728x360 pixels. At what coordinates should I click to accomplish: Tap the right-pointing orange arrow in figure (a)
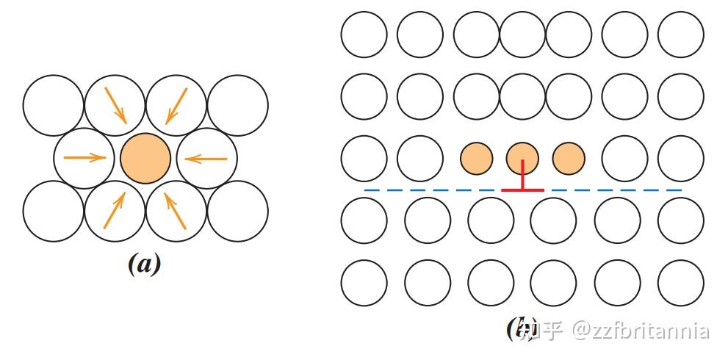[x=85, y=157]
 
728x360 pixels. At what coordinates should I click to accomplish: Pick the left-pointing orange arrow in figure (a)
[x=205, y=158]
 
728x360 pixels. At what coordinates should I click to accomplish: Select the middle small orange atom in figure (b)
[x=522, y=157]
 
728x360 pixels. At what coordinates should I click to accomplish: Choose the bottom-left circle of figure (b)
[x=364, y=282]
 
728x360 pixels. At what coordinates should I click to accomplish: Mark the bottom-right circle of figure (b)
[x=680, y=282]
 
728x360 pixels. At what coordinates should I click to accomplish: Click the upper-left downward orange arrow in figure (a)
[x=116, y=105]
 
